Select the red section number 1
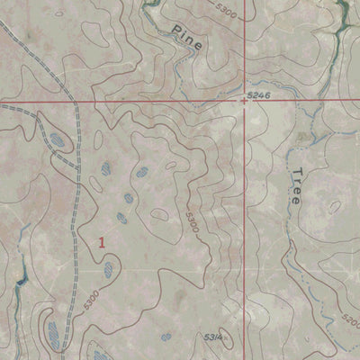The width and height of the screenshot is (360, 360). (x=103, y=242)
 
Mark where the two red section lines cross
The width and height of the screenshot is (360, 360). (x=245, y=101)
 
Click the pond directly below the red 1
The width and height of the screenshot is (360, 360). (x=108, y=269)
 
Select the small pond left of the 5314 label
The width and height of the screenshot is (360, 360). (x=165, y=335)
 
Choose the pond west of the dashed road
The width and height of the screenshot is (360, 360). (x=55, y=139)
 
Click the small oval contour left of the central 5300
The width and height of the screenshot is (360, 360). (x=159, y=216)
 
